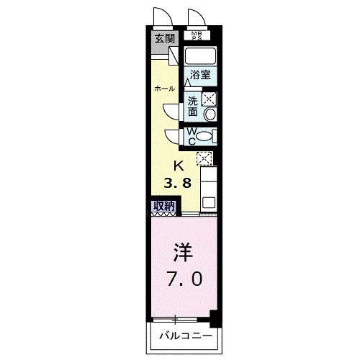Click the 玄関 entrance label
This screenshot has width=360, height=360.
163,38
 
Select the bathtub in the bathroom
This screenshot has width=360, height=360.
202,56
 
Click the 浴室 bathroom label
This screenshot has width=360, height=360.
199,75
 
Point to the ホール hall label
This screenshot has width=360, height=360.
163,89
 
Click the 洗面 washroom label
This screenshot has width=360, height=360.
193,107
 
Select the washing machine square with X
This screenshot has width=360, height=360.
210,100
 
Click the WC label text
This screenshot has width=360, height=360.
192,134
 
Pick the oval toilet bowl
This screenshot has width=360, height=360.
204,136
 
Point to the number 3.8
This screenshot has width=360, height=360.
181,182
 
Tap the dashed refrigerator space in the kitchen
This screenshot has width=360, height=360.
204,158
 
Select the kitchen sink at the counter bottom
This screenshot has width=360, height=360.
209,202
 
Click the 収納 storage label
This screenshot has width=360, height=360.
163,205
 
